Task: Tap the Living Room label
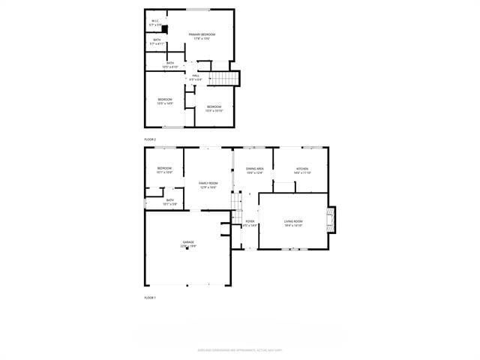point(293,223)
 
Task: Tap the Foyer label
point(250,223)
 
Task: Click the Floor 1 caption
point(150,298)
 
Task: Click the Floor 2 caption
point(150,139)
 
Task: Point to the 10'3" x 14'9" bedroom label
point(164,101)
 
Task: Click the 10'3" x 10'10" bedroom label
point(214,108)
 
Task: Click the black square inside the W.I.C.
point(164,30)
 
